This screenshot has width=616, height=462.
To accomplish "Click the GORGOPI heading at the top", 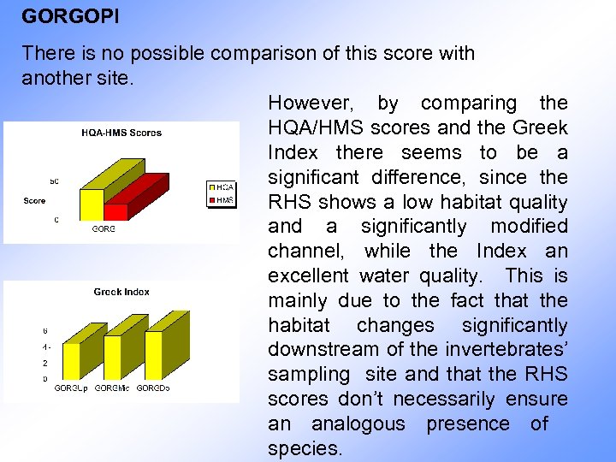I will click(58, 16).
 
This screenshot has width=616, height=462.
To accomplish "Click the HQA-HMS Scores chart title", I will click(121, 133).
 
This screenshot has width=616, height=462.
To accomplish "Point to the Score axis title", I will click(35, 201).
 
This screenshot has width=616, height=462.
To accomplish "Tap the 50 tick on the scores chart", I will click(54, 181).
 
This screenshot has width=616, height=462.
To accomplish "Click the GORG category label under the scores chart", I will click(103, 229).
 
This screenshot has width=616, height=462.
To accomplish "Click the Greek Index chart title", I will click(121, 292).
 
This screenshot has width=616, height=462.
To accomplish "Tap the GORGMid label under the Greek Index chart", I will click(112, 389).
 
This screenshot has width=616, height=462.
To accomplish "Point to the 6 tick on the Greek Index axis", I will click(45, 330).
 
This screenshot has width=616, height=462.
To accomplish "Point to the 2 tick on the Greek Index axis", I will click(45, 363).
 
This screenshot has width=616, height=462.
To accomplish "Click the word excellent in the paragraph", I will click(308, 276).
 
